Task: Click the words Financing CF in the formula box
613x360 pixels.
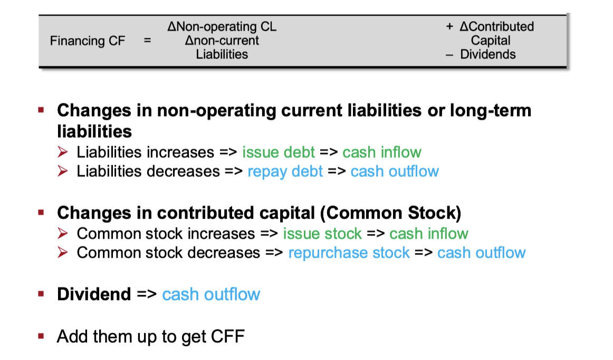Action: click(88, 41)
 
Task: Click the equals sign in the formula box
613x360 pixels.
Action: click(147, 40)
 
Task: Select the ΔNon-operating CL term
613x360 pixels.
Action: click(222, 26)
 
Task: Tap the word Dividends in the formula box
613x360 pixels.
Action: click(488, 54)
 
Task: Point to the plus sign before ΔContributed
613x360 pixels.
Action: click(449, 26)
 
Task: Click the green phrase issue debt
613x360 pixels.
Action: click(279, 152)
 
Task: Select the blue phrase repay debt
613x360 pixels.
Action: click(285, 172)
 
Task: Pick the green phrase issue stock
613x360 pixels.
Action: click(322, 234)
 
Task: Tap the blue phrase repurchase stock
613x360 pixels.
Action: click(349, 253)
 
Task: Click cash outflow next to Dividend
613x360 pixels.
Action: click(211, 294)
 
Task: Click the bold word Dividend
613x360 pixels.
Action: click(94, 294)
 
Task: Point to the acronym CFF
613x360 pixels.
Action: click(227, 337)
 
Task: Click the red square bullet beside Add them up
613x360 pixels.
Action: click(41, 336)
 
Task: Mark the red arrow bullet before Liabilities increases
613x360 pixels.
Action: click(63, 152)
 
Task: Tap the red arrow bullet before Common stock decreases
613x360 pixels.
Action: click(63, 252)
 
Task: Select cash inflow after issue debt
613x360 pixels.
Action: click(382, 152)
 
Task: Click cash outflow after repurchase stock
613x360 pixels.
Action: click(481, 253)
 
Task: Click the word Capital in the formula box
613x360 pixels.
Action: click(491, 40)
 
